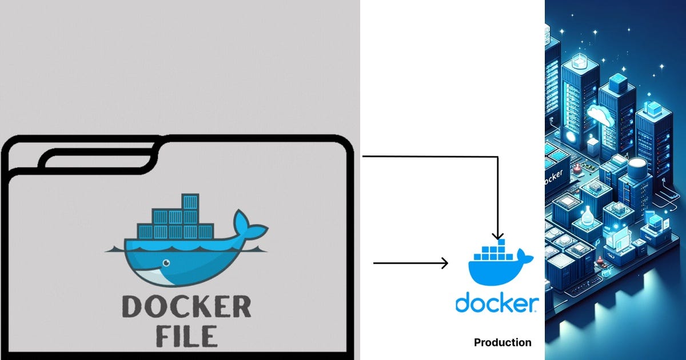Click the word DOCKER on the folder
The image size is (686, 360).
(x=187, y=307)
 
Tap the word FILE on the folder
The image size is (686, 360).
(x=187, y=335)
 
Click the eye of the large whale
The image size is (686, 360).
(x=166, y=263)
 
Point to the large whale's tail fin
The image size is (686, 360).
(x=247, y=226)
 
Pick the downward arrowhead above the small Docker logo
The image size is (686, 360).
(x=498, y=235)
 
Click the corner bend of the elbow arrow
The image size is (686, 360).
(x=498, y=156)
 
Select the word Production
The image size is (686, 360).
(x=502, y=343)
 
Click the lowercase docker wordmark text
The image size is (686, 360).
(x=496, y=303)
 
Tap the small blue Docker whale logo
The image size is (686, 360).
(x=497, y=266)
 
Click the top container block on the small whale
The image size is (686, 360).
(x=501, y=243)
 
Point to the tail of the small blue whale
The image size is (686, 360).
(x=526, y=257)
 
